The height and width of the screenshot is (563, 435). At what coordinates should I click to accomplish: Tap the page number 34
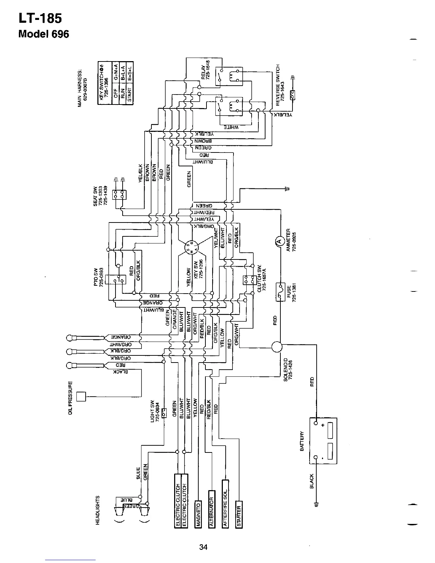point(203,547)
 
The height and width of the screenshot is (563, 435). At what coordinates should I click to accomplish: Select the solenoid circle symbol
point(276,347)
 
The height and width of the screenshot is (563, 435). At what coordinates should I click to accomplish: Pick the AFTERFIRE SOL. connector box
point(225,503)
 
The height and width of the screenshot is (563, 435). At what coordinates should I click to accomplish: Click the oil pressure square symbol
point(81,396)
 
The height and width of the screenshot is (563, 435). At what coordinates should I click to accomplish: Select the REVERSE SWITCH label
point(278,83)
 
